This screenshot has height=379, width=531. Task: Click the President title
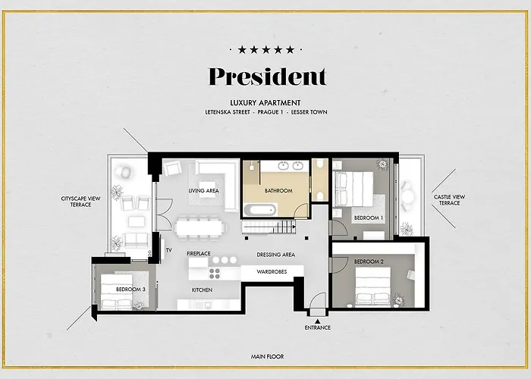click(267, 77)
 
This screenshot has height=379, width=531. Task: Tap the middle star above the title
click(266, 50)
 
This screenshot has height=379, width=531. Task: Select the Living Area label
click(203, 191)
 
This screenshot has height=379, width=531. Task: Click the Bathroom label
click(278, 191)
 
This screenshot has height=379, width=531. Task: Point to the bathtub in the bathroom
click(259, 210)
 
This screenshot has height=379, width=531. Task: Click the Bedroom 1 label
click(369, 218)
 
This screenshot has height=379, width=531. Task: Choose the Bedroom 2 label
click(369, 262)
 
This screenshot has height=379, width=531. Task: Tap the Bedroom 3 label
click(130, 290)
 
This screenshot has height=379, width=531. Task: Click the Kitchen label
click(203, 290)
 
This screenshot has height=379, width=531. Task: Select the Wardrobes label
click(272, 271)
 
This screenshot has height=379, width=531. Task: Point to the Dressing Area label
click(275, 255)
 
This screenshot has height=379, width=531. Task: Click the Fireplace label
click(199, 253)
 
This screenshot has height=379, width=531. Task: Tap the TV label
click(169, 250)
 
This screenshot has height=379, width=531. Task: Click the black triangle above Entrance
click(317, 321)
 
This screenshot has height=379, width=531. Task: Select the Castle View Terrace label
click(449, 199)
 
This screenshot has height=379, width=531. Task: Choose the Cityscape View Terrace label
click(80, 202)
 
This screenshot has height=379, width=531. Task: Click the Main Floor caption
click(267, 357)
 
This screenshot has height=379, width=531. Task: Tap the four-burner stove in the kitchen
click(215, 274)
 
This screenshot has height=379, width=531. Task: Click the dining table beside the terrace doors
click(199, 227)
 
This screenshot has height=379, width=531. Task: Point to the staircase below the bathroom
click(269, 227)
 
